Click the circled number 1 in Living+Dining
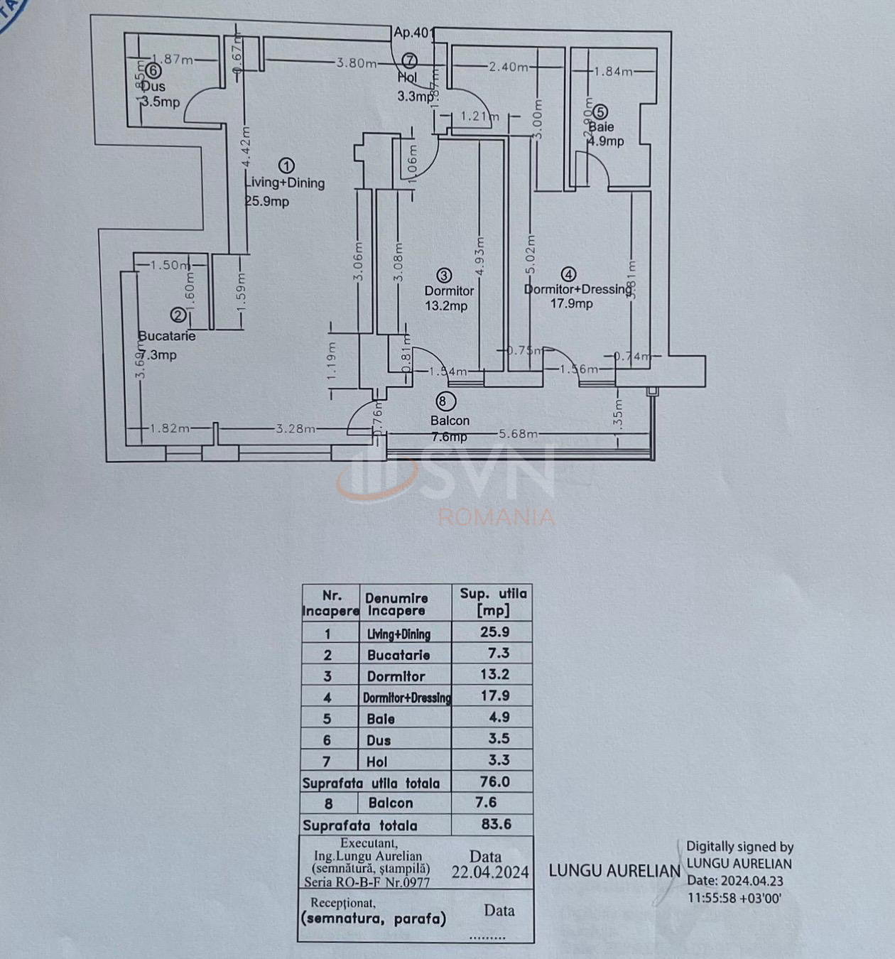(x=286, y=166)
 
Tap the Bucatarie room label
(x=167, y=336)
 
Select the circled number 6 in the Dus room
(x=153, y=70)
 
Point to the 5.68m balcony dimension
(x=518, y=433)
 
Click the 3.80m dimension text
(x=357, y=63)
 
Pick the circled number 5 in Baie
(x=600, y=112)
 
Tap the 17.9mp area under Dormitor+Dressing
(x=571, y=304)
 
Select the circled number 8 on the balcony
(x=443, y=401)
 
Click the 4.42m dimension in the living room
(x=246, y=146)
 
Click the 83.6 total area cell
(x=495, y=824)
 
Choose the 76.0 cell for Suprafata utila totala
(x=494, y=781)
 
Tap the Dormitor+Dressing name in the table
(x=406, y=698)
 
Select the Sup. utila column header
(x=493, y=601)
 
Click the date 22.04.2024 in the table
(x=490, y=872)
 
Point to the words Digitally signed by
(x=739, y=847)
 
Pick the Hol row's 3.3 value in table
(x=499, y=760)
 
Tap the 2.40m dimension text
(x=508, y=67)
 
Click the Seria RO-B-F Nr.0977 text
(x=367, y=882)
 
